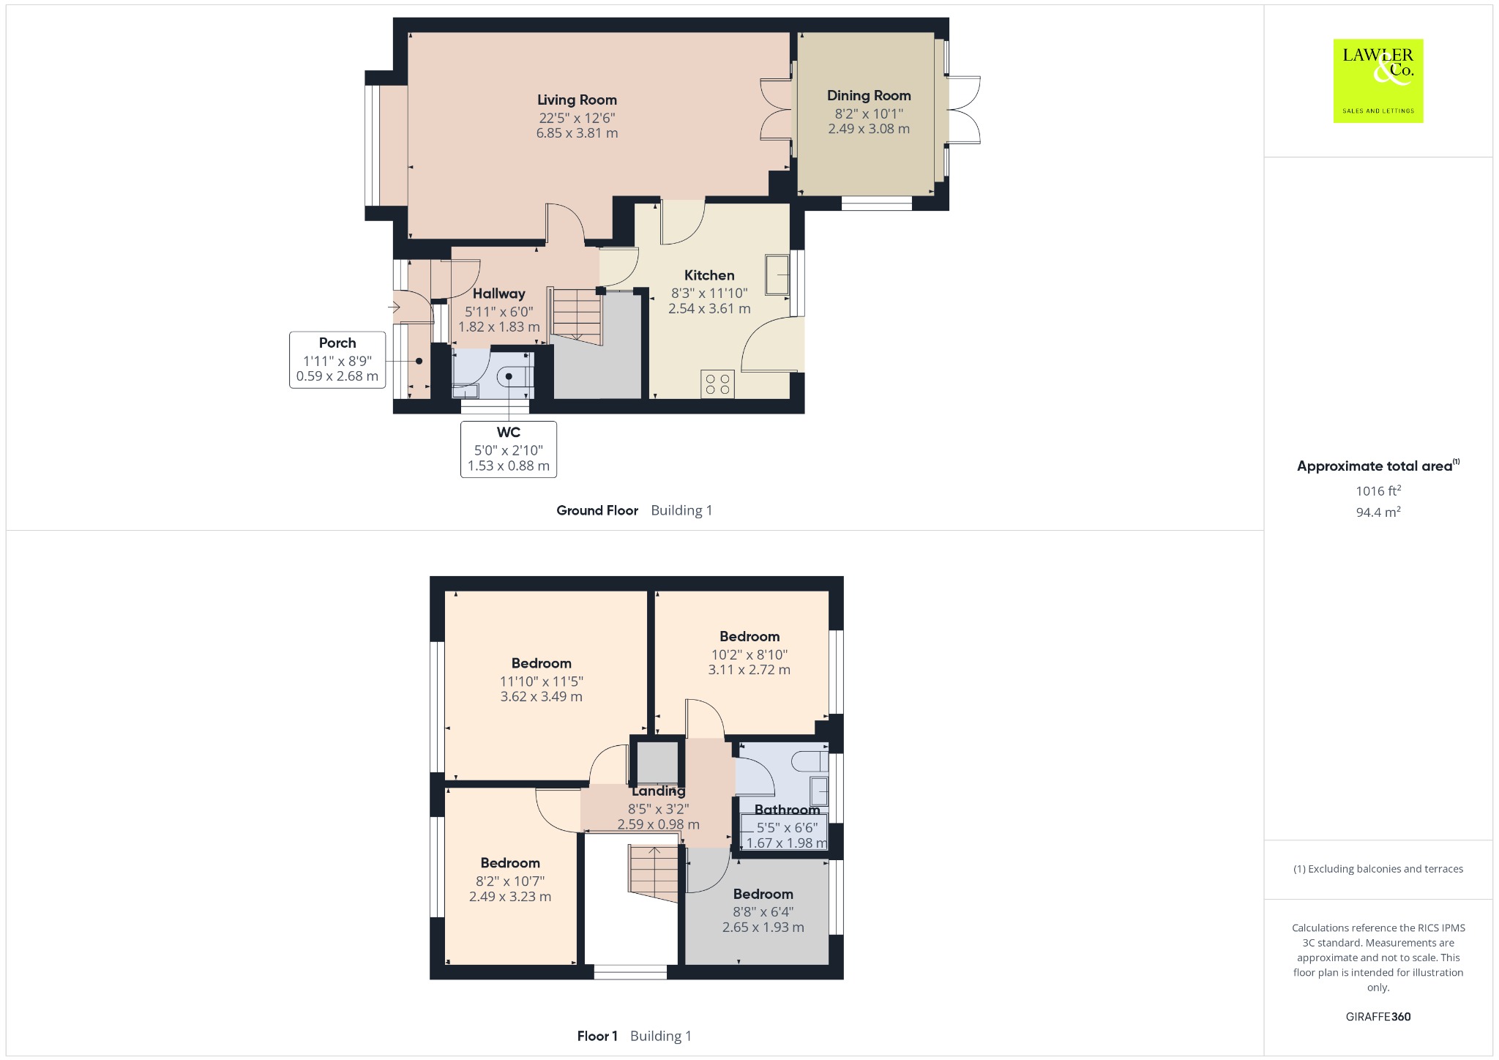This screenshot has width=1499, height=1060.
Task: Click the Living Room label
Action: click(577, 100)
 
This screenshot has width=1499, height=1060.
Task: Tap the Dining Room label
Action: click(869, 96)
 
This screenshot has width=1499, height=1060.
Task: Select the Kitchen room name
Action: click(709, 275)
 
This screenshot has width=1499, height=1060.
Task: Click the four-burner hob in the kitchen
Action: click(717, 384)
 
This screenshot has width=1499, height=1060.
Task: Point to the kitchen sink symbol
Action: click(777, 275)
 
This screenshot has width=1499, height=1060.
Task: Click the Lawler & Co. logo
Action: click(1378, 81)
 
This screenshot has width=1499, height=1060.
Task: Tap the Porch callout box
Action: click(337, 359)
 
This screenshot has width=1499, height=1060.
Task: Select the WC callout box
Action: click(509, 449)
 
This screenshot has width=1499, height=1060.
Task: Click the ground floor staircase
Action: click(577, 316)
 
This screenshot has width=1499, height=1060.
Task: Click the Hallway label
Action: click(498, 294)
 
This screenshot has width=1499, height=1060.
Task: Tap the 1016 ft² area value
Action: click(1378, 490)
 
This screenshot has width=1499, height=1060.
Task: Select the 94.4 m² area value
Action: click(1378, 512)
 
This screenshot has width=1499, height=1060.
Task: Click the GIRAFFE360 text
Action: click(1378, 1017)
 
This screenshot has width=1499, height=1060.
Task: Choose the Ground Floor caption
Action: click(597, 510)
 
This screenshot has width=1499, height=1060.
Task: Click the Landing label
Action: click(658, 791)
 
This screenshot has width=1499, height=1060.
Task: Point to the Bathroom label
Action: click(787, 810)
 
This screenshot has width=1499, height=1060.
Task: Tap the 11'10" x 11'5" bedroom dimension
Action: click(542, 682)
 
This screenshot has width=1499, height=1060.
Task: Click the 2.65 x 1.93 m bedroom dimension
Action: click(763, 927)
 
